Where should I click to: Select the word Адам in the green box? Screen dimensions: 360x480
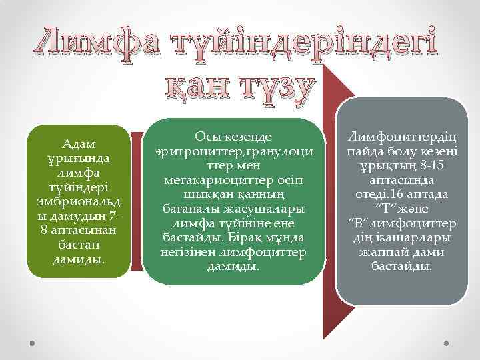pyautogui.click(x=79, y=144)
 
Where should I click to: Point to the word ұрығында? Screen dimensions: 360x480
pyautogui.click(x=79, y=159)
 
